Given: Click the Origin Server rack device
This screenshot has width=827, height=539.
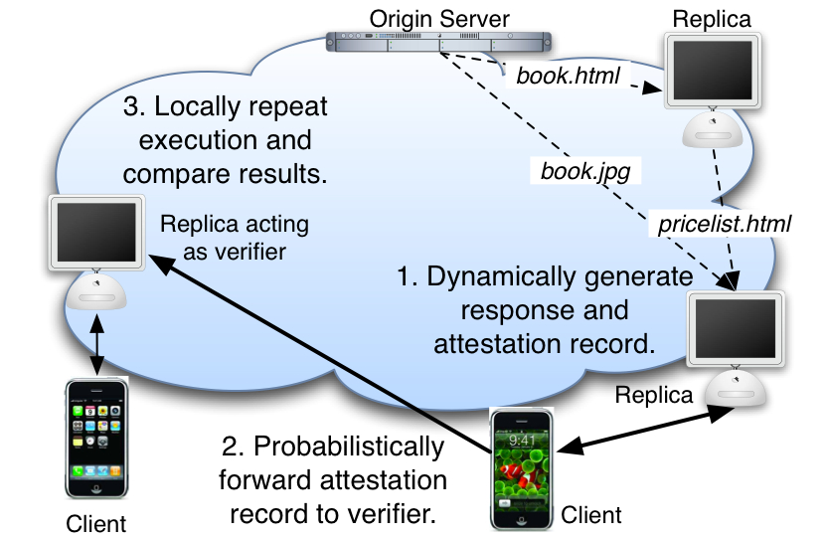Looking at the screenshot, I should point(439,43).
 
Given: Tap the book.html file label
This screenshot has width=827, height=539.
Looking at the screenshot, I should point(568,76).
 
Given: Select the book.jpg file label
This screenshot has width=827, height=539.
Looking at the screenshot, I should point(585,170).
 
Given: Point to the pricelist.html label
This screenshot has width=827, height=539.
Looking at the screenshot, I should point(724,225).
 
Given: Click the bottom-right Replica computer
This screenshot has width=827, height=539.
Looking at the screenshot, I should point(737,343).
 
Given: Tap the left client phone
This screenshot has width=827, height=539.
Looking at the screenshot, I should point(97,438).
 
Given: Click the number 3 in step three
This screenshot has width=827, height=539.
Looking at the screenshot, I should point(129,106).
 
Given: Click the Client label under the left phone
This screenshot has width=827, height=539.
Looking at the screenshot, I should point(96,522).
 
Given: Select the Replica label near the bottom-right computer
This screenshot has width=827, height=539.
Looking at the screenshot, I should point(652,394).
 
